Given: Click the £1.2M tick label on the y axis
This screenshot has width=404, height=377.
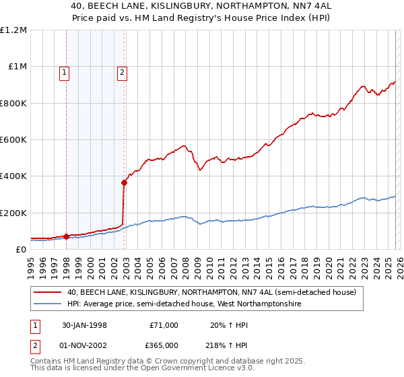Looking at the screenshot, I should click(13, 30).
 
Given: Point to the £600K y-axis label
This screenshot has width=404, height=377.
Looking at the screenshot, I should click(13, 140).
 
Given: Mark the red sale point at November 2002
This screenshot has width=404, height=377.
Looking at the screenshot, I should click(124, 182).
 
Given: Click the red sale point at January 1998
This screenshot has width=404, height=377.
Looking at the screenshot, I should click(67, 236).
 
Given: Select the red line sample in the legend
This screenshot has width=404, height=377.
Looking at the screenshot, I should click(48, 293).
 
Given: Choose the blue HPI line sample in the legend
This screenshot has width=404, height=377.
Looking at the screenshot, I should click(48, 304).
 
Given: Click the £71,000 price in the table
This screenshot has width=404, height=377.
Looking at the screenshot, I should click(164, 325).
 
